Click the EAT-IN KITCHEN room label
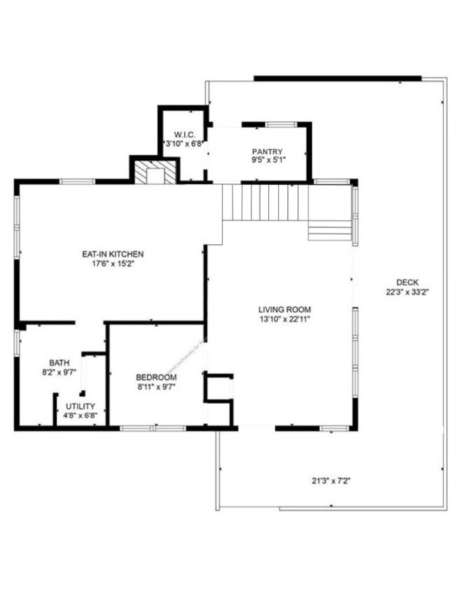(113, 254)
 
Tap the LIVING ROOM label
(283, 310)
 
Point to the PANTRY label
(267, 151)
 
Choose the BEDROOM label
(156, 377)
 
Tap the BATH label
(59, 363)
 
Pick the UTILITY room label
(80, 406)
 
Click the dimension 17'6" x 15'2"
(113, 264)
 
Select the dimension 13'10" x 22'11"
(283, 319)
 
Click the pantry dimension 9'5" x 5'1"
(267, 160)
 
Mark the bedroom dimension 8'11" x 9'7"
(156, 386)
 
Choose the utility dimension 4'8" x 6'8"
(80, 415)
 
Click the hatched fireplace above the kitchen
(153, 173)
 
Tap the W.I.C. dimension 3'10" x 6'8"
(183, 143)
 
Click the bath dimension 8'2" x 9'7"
(59, 372)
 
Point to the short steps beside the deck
(330, 230)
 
